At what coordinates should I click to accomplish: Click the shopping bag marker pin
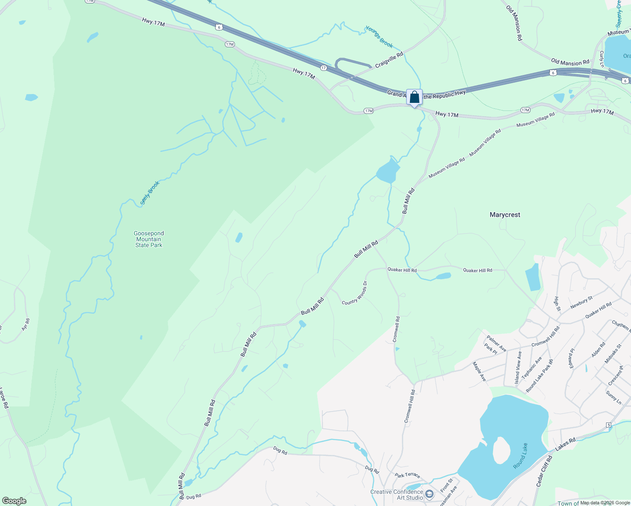click(414, 97)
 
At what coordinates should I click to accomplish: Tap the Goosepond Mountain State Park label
click(148, 239)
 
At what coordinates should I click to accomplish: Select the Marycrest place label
click(505, 215)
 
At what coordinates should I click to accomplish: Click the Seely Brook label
click(150, 193)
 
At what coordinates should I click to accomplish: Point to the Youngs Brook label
click(379, 37)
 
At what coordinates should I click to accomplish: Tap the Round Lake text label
click(521, 456)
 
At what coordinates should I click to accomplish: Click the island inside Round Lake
click(501, 449)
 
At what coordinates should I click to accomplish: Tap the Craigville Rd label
click(389, 59)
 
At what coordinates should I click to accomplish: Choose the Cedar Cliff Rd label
click(544, 471)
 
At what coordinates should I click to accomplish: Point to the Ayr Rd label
click(26, 324)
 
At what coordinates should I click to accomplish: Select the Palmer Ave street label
click(496, 344)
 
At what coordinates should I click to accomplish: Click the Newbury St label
click(581, 302)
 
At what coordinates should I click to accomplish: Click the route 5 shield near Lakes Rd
click(609, 425)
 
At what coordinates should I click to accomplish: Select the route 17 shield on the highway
click(324, 68)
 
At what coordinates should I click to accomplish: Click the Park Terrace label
click(407, 475)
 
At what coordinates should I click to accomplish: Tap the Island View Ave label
click(518, 368)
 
